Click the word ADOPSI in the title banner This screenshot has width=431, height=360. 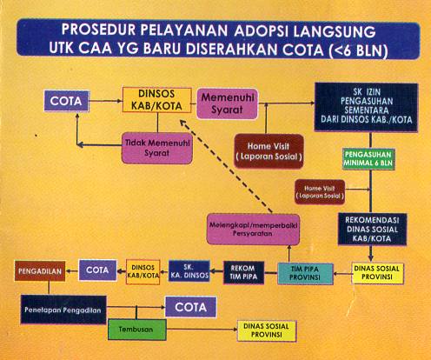tap(262, 30)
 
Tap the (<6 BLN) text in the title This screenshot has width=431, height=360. tap(358, 50)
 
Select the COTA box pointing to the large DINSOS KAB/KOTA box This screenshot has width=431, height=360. tap(67, 101)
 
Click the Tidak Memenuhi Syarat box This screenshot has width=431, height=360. tap(157, 148)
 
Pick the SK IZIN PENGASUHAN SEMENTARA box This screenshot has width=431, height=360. tap(367, 107)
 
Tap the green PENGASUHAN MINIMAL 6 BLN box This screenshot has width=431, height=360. tap(368, 159)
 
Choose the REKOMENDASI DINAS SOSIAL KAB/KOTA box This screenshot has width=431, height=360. tap(372, 230)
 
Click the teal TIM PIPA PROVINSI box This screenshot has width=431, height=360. tap(305, 273)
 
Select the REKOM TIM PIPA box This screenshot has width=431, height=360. tap(243, 272)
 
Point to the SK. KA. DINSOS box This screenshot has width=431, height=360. tap(189, 271)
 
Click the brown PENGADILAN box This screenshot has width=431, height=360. tap(40, 271)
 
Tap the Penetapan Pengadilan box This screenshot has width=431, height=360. tap(63, 310)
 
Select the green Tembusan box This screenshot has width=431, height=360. tap(137, 330)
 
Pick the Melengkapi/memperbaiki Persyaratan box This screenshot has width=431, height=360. tap(253, 230)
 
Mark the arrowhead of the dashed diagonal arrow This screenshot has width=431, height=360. tap(182, 123)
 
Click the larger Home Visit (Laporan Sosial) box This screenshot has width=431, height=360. tap(269, 151)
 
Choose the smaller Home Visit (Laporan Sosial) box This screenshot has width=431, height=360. tap(320, 192)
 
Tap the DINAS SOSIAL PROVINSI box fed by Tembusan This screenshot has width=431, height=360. tap(267, 330)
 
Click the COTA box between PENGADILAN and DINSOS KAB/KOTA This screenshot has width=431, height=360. tap(98, 270)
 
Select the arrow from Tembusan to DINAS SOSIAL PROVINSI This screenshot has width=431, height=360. tap(202, 329)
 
